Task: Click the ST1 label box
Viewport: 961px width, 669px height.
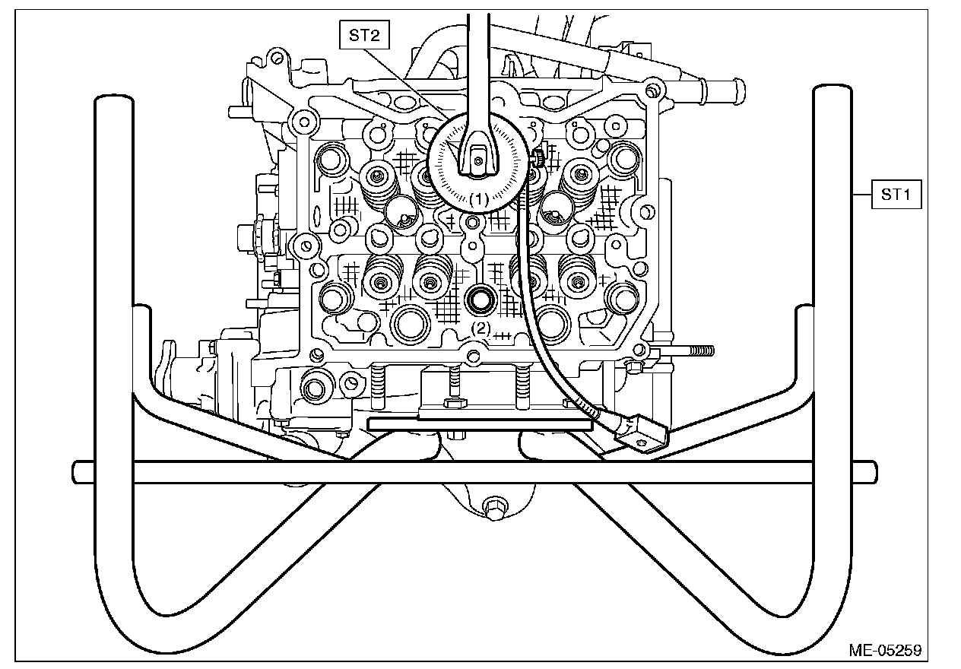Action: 896,195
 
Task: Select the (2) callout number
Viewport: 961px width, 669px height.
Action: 481,328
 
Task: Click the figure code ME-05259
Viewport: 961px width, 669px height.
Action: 886,651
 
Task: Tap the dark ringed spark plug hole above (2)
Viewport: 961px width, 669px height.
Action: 481,300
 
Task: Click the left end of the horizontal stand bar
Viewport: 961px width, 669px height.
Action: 81,471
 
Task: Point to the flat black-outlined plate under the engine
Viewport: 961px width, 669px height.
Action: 479,423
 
